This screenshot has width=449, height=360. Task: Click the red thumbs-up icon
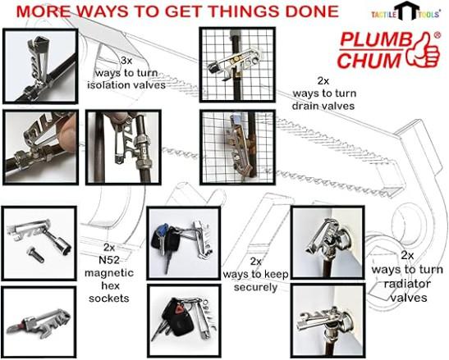[424, 51]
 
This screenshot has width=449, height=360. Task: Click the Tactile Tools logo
[406, 11]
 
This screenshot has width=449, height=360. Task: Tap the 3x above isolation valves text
[126, 61]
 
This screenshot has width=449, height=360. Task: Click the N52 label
[109, 260]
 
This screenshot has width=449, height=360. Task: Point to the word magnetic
[109, 273]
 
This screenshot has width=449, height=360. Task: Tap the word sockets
[109, 298]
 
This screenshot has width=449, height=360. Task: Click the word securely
[256, 287]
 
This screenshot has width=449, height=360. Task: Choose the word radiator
[407, 284]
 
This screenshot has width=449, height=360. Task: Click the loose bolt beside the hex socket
[35, 255]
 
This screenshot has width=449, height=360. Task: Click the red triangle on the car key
[179, 310]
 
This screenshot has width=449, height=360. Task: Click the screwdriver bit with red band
[18, 326]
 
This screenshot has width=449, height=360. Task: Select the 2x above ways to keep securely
[256, 261]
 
